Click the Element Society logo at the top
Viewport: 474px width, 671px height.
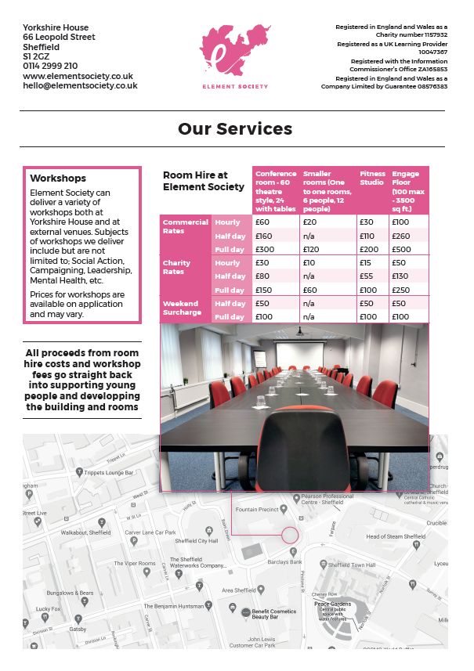coord(233,56)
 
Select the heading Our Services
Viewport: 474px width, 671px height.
coord(235,129)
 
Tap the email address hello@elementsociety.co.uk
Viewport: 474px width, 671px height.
coord(80,86)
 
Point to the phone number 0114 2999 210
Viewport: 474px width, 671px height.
coord(50,67)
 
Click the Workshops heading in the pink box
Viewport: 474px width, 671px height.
coord(58,179)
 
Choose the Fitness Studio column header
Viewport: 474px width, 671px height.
coord(371,179)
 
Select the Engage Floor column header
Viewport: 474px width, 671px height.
coord(408,190)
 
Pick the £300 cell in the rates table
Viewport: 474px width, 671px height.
coord(263,249)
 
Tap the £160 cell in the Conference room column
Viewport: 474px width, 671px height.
coord(263,236)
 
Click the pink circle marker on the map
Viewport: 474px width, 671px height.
coord(290,536)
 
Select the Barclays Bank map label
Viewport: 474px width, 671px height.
coord(284,561)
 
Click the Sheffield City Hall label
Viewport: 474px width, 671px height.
coord(197,541)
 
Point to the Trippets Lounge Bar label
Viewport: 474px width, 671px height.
coord(108,473)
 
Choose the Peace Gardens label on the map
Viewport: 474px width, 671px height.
coord(331,604)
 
